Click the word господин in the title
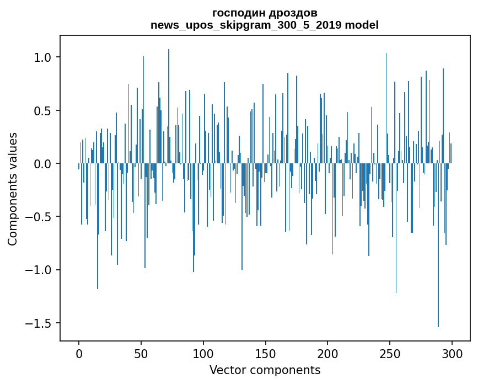(239, 13)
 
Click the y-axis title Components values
(13, 188)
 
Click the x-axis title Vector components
(265, 370)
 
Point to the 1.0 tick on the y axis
(43, 58)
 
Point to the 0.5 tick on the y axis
(43, 111)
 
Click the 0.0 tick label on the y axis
(43, 164)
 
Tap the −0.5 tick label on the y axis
(39, 217)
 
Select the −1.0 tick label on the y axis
(39, 270)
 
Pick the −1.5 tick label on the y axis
(39, 323)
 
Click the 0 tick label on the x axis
(79, 353)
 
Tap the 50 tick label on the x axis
(141, 353)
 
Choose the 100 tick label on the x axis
(203, 353)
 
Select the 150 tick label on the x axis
(265, 353)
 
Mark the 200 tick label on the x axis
(327, 353)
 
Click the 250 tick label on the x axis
(390, 353)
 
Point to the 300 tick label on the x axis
(452, 353)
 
